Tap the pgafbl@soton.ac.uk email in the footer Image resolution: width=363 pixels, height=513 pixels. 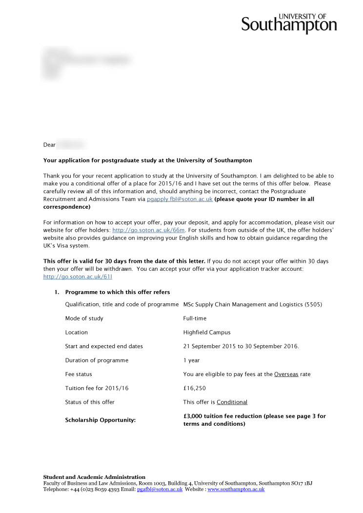(x=160, y=489)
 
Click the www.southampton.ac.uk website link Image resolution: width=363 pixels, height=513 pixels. (x=236, y=489)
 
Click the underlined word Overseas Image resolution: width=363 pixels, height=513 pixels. (x=286, y=375)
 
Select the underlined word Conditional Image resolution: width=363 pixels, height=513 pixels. (x=232, y=402)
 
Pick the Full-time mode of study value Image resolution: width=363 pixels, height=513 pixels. (x=195, y=318)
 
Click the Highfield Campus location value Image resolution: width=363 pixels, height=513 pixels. (x=207, y=333)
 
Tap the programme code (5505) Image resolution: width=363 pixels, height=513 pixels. (x=313, y=305)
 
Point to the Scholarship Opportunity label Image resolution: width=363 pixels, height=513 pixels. (x=100, y=420)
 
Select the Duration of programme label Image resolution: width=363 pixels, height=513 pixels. (x=97, y=360)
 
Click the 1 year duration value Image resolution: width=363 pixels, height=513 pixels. (x=191, y=360)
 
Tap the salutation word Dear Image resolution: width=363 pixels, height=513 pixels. (x=49, y=145)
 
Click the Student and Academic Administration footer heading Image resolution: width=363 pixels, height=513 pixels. (x=94, y=477)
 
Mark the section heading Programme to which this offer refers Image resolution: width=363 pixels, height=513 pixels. (x=118, y=292)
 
